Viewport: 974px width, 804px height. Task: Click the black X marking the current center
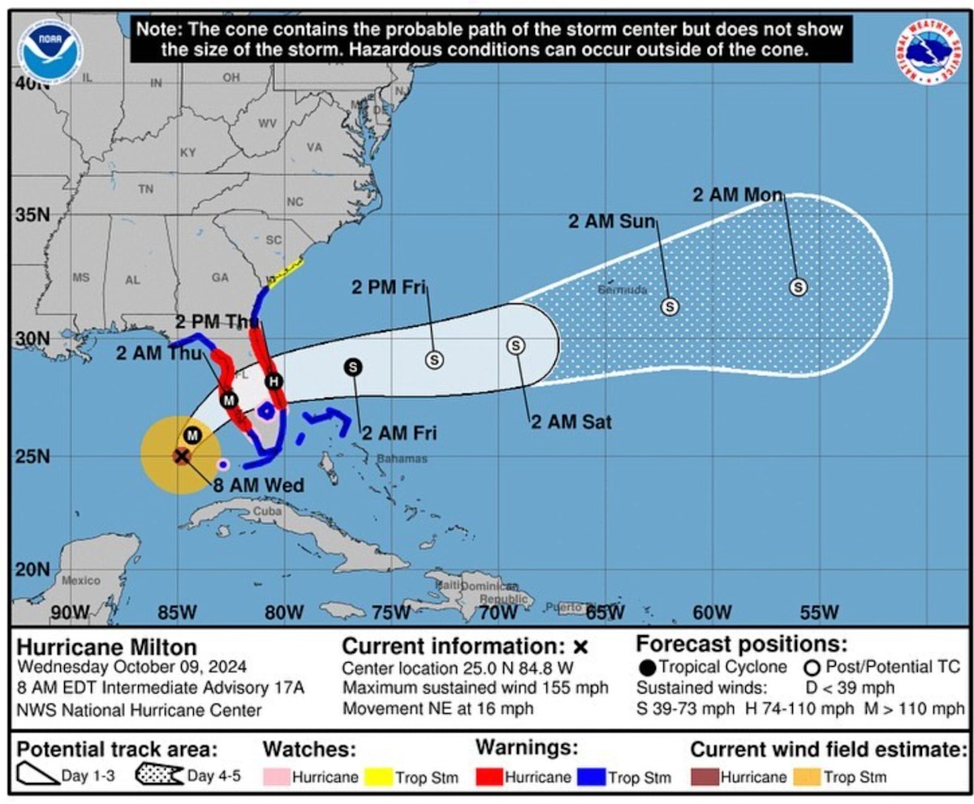pos(182,456)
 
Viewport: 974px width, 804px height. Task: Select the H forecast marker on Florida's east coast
pos(274,381)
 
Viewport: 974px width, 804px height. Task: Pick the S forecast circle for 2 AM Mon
pos(799,286)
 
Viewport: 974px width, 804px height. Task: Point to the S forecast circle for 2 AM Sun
pos(670,306)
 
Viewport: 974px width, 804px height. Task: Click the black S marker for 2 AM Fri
pos(353,367)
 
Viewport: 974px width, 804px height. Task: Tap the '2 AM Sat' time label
pos(571,421)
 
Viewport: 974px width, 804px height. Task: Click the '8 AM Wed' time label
pos(258,486)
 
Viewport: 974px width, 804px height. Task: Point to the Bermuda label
pos(623,290)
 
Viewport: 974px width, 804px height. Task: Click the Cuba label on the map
pos(267,512)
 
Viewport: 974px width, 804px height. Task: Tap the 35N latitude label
pos(31,217)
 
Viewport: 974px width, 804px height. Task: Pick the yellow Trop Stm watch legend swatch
pos(377,776)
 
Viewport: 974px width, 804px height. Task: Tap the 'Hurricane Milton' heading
pos(107,647)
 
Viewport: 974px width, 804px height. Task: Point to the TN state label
pos(145,189)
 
